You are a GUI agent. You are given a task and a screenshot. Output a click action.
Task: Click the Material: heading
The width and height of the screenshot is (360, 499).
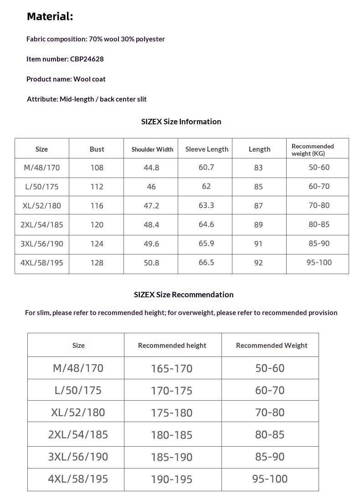tap(50, 17)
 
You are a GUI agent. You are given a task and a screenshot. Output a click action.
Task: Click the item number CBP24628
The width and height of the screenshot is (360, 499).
tap(87, 59)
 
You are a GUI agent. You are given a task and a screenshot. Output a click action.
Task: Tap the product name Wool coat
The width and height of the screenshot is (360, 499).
tap(89, 79)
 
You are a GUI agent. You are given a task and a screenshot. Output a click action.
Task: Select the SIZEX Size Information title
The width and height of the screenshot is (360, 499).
tap(181, 122)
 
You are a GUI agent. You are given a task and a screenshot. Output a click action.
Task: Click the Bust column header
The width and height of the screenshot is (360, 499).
tap(97, 149)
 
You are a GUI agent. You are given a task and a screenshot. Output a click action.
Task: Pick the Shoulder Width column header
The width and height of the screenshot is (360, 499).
tap(152, 149)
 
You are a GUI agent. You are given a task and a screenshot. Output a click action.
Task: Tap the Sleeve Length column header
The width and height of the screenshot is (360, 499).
tap(207, 149)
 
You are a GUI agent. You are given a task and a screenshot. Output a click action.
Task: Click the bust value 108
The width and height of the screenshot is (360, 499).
tap(97, 168)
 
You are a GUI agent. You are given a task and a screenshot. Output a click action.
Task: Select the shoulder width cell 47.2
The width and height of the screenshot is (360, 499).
tap(151, 206)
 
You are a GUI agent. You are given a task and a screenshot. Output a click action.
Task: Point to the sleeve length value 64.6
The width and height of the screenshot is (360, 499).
tap(206, 224)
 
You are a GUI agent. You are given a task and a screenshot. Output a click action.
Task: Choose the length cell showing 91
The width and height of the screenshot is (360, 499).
tap(258, 244)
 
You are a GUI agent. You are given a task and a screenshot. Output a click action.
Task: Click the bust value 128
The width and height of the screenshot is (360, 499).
tap(97, 263)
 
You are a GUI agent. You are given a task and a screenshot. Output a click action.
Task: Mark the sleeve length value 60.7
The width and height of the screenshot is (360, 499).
tap(206, 168)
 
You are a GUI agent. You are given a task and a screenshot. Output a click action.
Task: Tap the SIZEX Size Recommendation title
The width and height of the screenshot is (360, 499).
tap(184, 295)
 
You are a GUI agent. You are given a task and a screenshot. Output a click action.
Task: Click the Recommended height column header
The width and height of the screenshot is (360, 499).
tap(172, 346)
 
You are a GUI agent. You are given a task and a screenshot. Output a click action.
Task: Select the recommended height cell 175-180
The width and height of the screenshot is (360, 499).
tap(172, 413)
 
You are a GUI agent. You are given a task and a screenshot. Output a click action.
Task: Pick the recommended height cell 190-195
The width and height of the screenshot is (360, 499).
tap(172, 479)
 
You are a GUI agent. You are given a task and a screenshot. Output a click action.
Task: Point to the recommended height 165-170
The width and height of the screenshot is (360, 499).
tap(172, 368)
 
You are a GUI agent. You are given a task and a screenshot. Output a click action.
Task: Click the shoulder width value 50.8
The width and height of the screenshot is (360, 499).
tap(151, 263)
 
